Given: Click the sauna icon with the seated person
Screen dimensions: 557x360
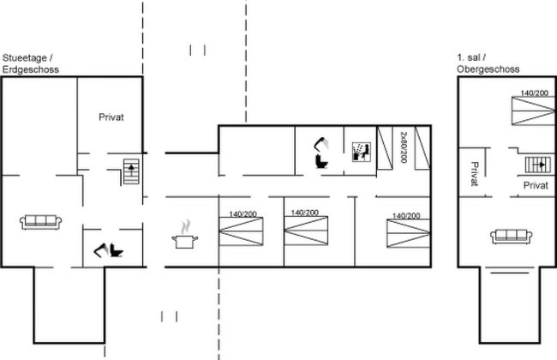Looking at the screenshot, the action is pyautogui.click(x=362, y=152).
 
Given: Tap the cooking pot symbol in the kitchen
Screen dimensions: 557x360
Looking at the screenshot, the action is pyautogui.click(x=185, y=237).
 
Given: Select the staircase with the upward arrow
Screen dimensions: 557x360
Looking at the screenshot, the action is pyautogui.click(x=131, y=171).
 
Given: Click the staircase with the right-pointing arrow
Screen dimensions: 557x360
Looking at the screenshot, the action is pyautogui.click(x=538, y=165).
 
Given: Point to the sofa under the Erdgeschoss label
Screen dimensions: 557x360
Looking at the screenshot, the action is pyautogui.click(x=40, y=222).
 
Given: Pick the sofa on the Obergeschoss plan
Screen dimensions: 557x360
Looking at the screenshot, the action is pyautogui.click(x=512, y=237).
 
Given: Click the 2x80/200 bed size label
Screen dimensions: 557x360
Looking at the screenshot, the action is pyautogui.click(x=404, y=147).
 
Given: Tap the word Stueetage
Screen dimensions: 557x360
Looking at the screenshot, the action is pyautogui.click(x=25, y=58).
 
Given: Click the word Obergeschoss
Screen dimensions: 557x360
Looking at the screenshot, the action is pyautogui.click(x=488, y=69).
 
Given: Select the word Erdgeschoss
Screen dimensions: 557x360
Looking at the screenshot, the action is pyautogui.click(x=31, y=69).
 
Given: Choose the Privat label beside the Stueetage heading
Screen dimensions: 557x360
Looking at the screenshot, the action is pyautogui.click(x=111, y=117).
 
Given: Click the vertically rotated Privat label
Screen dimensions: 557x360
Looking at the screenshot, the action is pyautogui.click(x=475, y=174).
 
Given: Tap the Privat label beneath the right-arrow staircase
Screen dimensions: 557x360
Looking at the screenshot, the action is pyautogui.click(x=536, y=185).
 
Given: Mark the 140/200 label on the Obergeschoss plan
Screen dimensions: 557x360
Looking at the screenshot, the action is pyautogui.click(x=534, y=93).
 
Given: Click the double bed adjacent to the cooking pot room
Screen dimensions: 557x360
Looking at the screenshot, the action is pyautogui.click(x=241, y=231).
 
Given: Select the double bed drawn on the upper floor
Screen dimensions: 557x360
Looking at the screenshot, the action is pyautogui.click(x=533, y=111).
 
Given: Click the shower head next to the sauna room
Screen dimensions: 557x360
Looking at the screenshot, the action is pyautogui.click(x=321, y=143).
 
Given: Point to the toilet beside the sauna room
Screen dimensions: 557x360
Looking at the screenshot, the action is pyautogui.click(x=321, y=162).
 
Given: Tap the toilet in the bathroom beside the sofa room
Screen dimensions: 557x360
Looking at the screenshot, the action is pyautogui.click(x=117, y=250).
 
